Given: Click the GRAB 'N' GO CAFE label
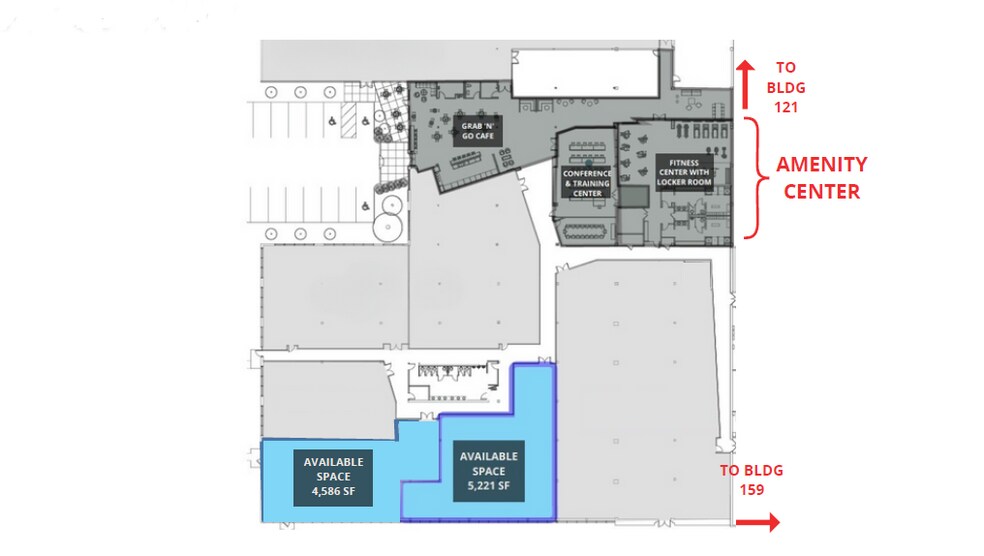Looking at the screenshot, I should click(476, 131).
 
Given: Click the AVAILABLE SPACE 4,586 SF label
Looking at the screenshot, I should click(332, 477).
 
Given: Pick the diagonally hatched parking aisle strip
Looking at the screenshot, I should click(349, 123).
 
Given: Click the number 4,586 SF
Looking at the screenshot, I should click(332, 492).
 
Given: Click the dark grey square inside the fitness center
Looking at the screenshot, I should click(632, 196).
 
